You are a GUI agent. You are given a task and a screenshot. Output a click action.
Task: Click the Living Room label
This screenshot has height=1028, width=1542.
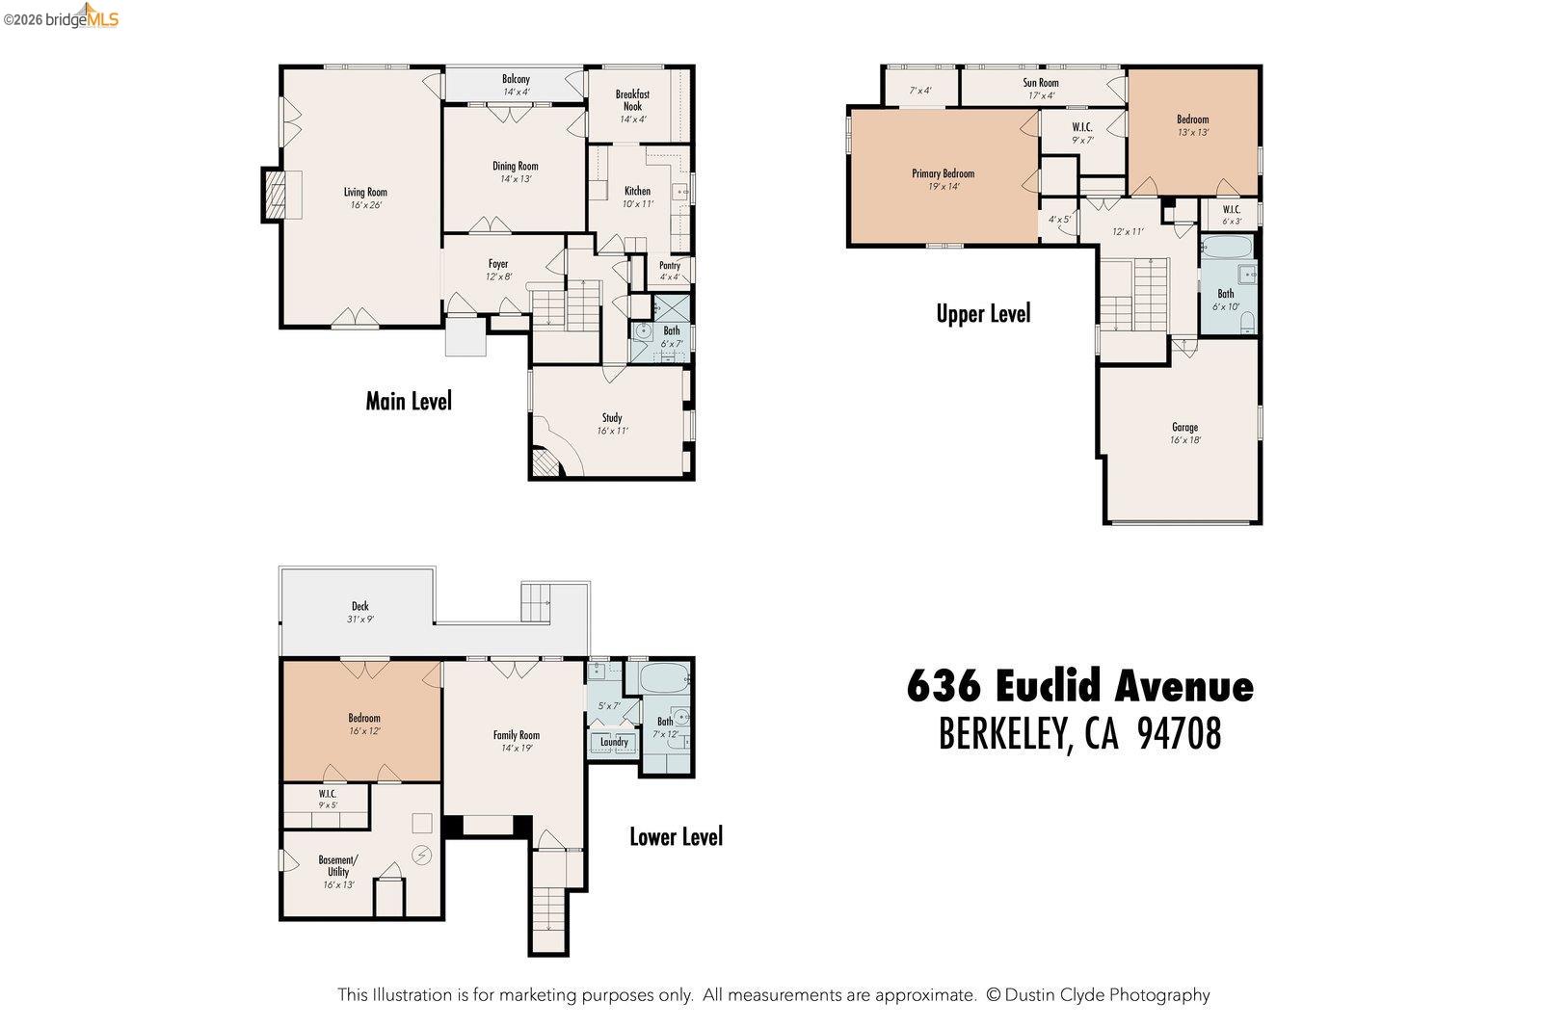pyautogui.click(x=365, y=192)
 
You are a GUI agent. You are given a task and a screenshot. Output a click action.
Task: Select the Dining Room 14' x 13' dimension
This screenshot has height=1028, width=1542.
pyautogui.click(x=516, y=179)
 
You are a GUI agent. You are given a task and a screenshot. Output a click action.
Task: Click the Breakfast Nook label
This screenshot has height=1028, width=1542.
pyautogui.click(x=632, y=100)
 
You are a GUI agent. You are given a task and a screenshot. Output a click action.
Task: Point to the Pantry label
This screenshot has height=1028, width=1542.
pyautogui.click(x=670, y=265)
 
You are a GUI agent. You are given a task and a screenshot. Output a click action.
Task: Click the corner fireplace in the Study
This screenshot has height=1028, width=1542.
pyautogui.click(x=545, y=464)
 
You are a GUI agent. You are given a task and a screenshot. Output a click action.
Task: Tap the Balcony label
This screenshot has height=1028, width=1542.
pyautogui.click(x=516, y=79)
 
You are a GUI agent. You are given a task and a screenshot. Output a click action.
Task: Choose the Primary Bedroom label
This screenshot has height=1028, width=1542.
pyautogui.click(x=943, y=173)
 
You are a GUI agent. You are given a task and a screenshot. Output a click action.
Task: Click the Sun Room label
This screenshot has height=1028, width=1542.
pyautogui.click(x=1041, y=83)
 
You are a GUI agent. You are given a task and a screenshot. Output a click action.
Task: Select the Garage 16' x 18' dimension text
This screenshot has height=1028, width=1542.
pyautogui.click(x=1185, y=440)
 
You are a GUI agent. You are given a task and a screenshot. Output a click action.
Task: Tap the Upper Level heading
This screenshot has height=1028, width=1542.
pyautogui.click(x=983, y=313)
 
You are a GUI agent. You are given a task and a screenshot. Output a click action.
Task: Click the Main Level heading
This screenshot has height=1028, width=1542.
pyautogui.click(x=409, y=401)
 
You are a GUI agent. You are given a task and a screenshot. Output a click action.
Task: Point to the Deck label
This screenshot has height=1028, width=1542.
pyautogui.click(x=359, y=606)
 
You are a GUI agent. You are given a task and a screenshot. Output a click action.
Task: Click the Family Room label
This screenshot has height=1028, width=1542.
pyautogui.click(x=516, y=735)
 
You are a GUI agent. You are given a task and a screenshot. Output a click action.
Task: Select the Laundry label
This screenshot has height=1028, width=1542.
pyautogui.click(x=614, y=742)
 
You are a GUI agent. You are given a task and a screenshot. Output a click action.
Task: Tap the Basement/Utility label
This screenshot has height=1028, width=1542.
pyautogui.click(x=338, y=866)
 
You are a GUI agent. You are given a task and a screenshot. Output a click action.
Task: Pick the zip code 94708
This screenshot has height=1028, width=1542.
pyautogui.click(x=1180, y=734)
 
